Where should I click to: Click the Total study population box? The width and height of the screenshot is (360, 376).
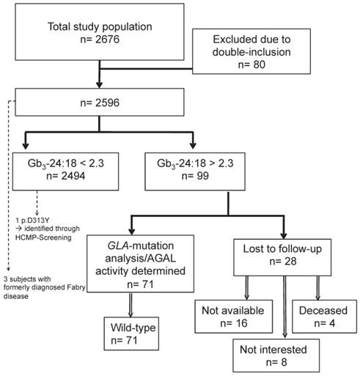(x=100, y=32)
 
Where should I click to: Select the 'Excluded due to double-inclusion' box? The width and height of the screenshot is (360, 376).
(x=251, y=51)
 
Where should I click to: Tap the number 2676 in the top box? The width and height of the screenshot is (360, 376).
(x=107, y=39)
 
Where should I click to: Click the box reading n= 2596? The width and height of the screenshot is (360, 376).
(x=100, y=102)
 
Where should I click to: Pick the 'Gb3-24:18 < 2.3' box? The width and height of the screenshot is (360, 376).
(x=65, y=172)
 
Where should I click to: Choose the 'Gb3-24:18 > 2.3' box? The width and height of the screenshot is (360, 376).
(x=195, y=172)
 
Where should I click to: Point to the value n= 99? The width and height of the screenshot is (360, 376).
(x=195, y=176)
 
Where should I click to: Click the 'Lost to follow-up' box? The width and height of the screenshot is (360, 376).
(x=282, y=257)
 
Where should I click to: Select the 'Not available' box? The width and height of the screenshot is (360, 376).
(x=234, y=317)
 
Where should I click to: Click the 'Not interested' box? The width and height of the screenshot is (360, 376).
(x=276, y=355)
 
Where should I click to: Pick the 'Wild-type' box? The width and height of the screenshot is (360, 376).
(x=131, y=333)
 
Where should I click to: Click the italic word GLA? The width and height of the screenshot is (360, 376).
(x=118, y=246)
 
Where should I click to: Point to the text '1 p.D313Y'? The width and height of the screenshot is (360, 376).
(x=32, y=221)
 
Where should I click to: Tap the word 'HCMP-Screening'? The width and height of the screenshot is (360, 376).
(x=43, y=237)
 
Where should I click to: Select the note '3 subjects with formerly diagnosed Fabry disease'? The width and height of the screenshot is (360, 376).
(x=45, y=287)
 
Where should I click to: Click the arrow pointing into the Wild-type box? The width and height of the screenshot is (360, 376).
(x=131, y=305)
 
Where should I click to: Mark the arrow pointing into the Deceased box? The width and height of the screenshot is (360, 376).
(x=317, y=288)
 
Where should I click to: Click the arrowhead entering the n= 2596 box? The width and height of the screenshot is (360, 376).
(x=99, y=84)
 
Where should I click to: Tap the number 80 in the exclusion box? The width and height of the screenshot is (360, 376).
(x=259, y=64)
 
